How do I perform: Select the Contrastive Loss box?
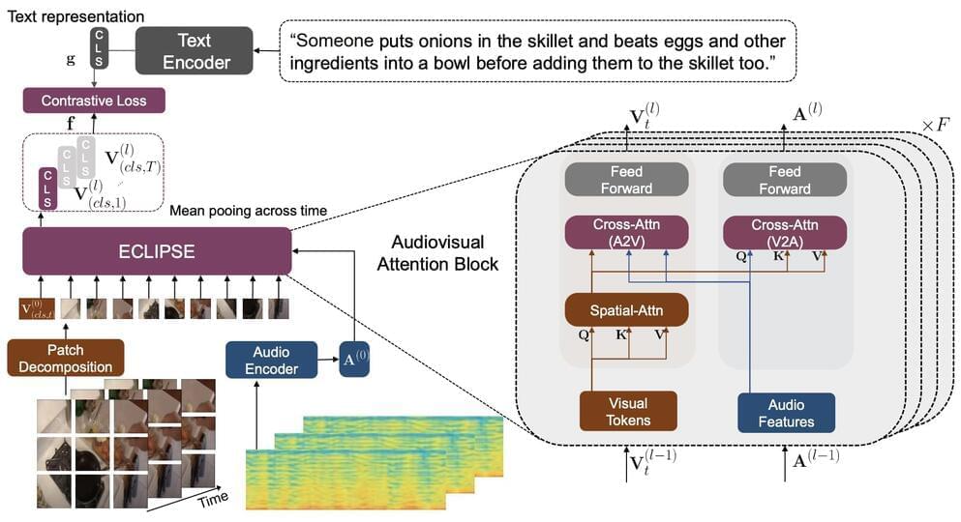94,100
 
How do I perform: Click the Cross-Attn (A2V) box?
626,233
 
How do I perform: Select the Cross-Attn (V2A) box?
785,233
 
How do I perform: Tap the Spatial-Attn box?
626,311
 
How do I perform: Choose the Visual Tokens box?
627,410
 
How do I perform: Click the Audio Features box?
785,411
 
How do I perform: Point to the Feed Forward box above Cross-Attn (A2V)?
626,180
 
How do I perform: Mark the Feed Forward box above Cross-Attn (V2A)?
785,180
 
